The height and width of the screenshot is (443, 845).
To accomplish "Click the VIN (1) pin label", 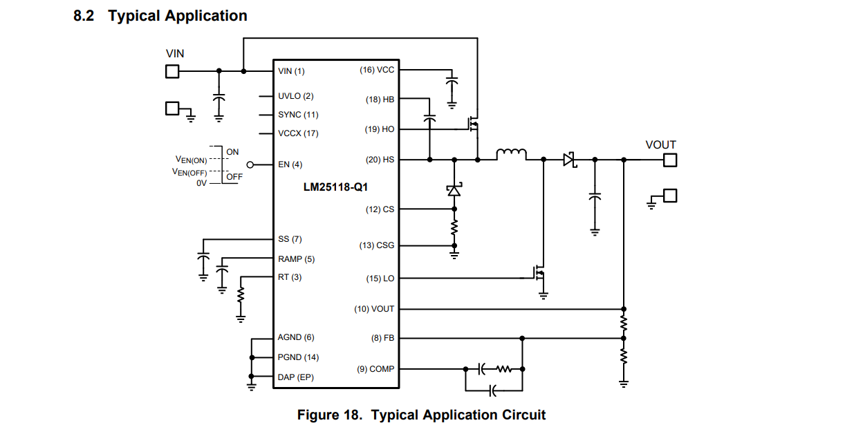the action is [291, 71].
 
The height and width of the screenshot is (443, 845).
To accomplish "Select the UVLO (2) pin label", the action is [296, 96].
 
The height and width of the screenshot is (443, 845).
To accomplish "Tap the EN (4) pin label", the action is [290, 164].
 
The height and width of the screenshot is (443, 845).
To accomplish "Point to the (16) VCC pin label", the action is [376, 70].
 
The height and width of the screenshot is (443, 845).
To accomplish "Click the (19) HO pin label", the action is [379, 129].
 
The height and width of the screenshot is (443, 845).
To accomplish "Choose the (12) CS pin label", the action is [380, 209].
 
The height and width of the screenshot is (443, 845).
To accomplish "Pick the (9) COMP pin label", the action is [375, 369].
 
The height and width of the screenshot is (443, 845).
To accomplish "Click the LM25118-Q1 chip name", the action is [335, 187].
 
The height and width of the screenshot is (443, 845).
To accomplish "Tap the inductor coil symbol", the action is [511, 154].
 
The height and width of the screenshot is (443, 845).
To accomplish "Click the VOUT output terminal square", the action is [670, 160].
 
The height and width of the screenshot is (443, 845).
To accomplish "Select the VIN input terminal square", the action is [172, 71].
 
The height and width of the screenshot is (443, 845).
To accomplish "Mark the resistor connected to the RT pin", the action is [241, 295].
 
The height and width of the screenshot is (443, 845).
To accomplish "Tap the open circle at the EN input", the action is [250, 164].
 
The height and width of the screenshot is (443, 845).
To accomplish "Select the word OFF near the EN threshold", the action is [234, 177].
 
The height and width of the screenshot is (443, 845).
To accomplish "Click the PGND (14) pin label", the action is [298, 357].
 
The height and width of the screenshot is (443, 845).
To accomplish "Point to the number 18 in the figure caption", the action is [350, 415].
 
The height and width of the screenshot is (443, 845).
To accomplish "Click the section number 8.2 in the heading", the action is [84, 16].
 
